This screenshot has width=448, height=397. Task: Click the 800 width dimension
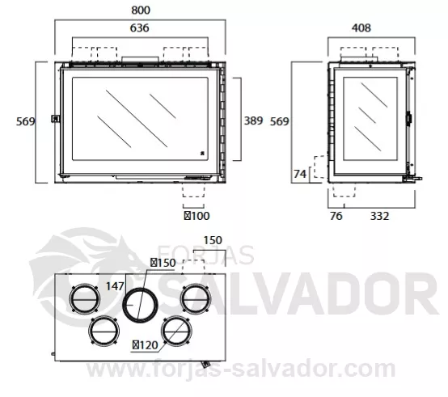141,11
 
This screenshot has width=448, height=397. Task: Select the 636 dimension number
139,28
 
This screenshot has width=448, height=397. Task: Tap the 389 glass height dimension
253,120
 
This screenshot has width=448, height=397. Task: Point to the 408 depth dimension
361,28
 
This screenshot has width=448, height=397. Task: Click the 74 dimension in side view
300,174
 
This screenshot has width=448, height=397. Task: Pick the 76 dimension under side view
336,216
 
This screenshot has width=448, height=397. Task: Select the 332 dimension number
380,216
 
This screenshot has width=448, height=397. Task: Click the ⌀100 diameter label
197,216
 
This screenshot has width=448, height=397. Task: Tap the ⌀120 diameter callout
145,345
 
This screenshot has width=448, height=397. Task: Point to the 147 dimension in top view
115,286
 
